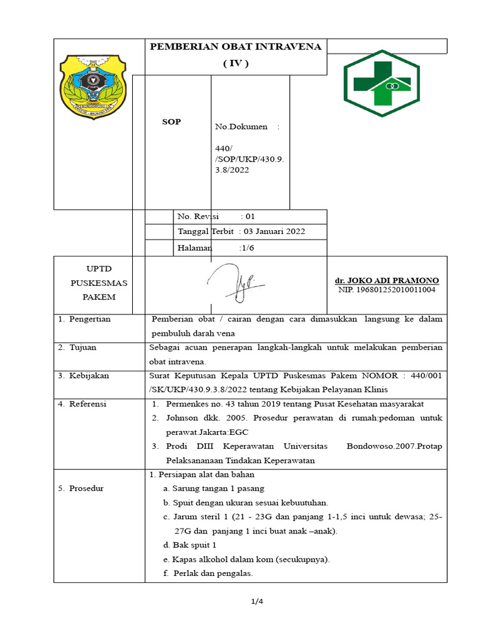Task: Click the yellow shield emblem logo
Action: pos(92,85)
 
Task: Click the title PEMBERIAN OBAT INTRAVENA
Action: pos(236,47)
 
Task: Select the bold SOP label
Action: pos(172,122)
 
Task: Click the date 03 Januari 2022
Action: pos(278,232)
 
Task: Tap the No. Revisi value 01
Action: pos(249,217)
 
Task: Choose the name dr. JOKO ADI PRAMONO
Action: pos(387,280)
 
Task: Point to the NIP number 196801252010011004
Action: pos(387,290)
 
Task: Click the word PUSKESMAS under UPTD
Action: pos(99,283)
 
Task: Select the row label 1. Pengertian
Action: pos(85,319)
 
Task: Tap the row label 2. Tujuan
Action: pos(78,348)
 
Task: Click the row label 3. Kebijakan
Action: pos(84,376)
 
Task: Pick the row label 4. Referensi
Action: pos(83,404)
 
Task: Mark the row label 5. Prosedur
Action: pos(81,488)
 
